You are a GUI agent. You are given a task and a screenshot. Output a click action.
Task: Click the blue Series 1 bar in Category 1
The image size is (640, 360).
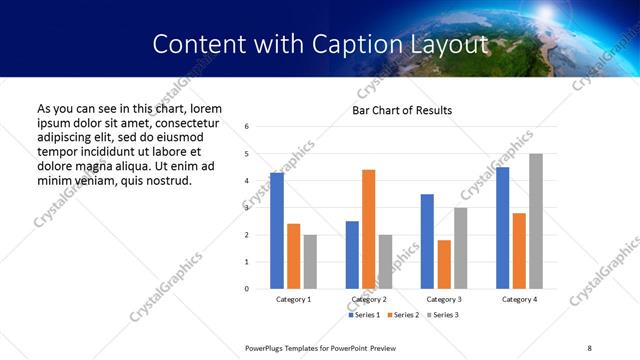(x=277, y=231)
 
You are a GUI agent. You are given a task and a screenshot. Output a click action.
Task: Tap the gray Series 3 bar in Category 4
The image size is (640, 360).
(x=536, y=221)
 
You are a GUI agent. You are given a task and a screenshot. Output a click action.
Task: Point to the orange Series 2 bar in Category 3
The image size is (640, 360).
(x=444, y=264)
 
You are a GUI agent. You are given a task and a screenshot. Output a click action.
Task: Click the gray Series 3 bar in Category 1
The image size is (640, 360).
(x=310, y=262)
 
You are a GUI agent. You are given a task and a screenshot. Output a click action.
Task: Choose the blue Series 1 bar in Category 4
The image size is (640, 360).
(x=503, y=228)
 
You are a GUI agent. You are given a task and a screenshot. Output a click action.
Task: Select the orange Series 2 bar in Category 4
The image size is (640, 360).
(x=520, y=251)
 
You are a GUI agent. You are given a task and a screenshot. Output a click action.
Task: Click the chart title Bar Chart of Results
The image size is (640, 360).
(x=402, y=110)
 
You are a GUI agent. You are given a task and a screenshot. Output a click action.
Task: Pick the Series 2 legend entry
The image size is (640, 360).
(x=402, y=315)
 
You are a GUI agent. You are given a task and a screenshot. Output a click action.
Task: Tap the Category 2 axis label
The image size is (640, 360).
(x=368, y=299)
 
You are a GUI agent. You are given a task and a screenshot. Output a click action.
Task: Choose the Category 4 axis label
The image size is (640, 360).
(x=519, y=299)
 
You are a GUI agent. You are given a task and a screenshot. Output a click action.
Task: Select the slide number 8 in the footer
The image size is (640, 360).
(x=589, y=347)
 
